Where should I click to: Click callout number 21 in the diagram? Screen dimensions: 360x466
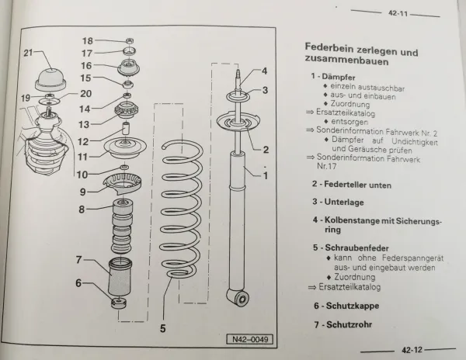tap(28, 53)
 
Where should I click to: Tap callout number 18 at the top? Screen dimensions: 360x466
tap(88, 40)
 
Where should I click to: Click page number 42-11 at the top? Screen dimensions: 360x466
tap(399, 13)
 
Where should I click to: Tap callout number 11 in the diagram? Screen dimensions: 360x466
tap(82, 155)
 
